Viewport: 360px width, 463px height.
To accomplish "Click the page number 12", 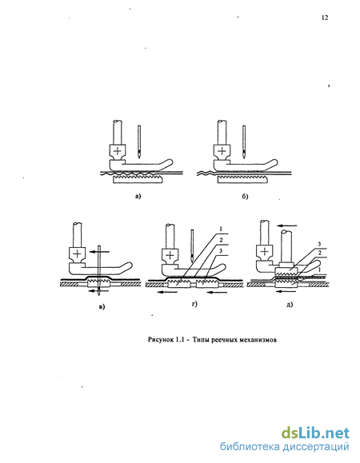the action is pyautogui.click(x=325, y=18).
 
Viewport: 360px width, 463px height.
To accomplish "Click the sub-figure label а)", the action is pyautogui.click(x=138, y=196).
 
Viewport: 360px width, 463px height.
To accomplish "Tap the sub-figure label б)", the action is pyautogui.click(x=245, y=197).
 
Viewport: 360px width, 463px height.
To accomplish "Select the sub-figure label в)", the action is pyautogui.click(x=102, y=307).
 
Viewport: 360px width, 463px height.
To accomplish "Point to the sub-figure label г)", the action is pyautogui.click(x=194, y=304).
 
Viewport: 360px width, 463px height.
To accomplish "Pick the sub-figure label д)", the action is pyautogui.click(x=290, y=304).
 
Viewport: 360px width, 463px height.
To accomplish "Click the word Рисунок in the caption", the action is pyautogui.click(x=160, y=340).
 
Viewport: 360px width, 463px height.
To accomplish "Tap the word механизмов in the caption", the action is pyautogui.click(x=260, y=340).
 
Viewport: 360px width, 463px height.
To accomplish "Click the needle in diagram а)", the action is pyautogui.click(x=139, y=141).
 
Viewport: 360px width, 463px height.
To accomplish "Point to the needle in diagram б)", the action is pyautogui.click(x=244, y=141).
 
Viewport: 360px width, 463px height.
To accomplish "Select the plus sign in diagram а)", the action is pyautogui.click(x=118, y=151).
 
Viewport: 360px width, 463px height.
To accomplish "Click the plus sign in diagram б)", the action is pyautogui.click(x=222, y=151).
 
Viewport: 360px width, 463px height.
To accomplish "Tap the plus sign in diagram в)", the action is pyautogui.click(x=77, y=253).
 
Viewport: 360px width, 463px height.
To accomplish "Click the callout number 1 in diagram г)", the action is pyautogui.click(x=221, y=229).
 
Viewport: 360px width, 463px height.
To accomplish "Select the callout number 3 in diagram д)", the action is pyautogui.click(x=319, y=244).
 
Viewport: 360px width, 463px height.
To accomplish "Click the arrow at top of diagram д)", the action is pyautogui.click(x=287, y=226).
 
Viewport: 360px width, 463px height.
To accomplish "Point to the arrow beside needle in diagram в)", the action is pyautogui.click(x=99, y=252).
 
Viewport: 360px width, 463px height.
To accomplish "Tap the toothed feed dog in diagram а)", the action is pyautogui.click(x=138, y=179).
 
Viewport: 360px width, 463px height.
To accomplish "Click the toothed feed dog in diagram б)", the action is pyautogui.click(x=242, y=179).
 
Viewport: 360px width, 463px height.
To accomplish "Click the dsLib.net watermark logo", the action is pyautogui.click(x=315, y=433).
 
